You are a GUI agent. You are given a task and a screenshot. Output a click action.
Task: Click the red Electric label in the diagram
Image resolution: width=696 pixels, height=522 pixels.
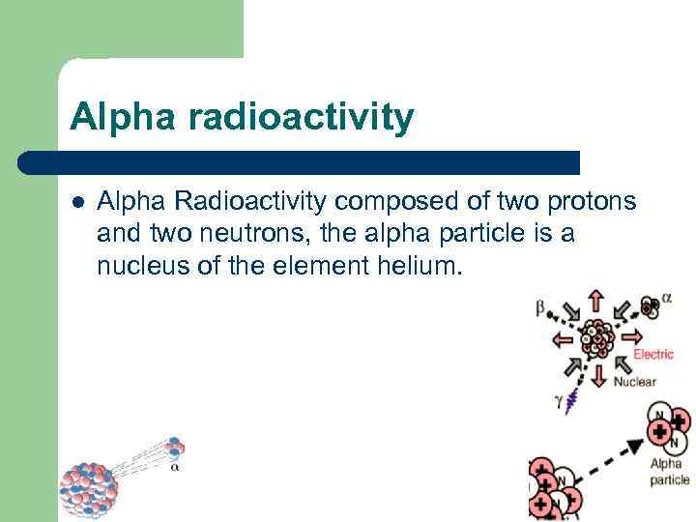653,355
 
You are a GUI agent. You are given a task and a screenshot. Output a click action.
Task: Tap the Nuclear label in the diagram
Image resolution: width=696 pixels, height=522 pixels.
635,381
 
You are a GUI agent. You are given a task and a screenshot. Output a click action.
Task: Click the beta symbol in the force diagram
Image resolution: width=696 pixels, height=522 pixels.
540,308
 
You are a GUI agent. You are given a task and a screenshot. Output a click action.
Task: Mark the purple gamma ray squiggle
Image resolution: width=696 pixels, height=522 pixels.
575,396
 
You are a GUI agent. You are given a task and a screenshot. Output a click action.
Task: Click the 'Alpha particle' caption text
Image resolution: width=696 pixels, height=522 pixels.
667,473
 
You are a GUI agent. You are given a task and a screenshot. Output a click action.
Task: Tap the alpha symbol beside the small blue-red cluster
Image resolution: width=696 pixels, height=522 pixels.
174,467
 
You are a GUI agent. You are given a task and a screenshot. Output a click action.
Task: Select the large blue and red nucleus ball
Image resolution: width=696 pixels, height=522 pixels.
89,488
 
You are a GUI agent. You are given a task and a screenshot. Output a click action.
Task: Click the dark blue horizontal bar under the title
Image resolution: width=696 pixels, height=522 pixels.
300,161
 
